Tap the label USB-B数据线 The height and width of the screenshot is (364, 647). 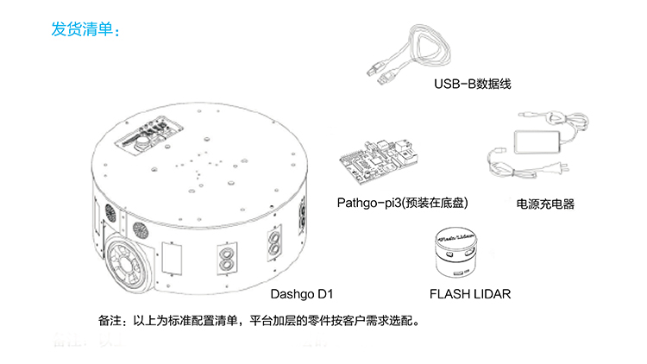pos(467,85)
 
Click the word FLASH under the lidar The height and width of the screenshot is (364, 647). pos(449,294)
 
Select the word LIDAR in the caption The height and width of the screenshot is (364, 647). pos(490,294)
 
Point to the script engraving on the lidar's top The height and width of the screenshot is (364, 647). pos(458,233)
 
